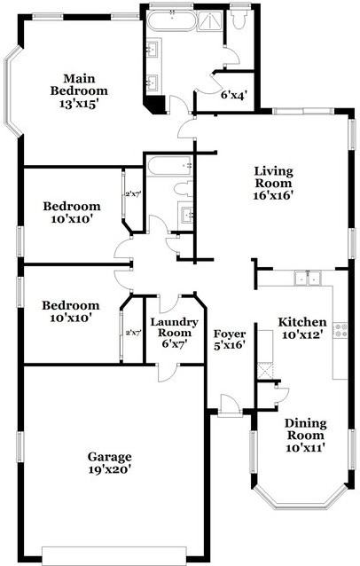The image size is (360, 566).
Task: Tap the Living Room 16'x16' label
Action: coord(273,183)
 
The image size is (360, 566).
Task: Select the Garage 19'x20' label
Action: coord(109,462)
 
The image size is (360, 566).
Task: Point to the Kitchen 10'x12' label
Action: coord(302,328)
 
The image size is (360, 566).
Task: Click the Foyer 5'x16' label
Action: coord(230,341)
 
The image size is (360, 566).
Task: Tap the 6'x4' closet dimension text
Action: coord(233,93)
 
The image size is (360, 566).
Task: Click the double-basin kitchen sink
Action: coord(308,278)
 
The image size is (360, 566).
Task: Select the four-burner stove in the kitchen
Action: coord(340,330)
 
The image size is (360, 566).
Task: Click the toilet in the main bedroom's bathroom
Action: coord(239,17)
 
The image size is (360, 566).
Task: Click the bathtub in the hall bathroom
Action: coord(168,165)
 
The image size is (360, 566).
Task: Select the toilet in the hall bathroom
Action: coord(182,187)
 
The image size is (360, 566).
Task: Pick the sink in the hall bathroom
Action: coord(187,212)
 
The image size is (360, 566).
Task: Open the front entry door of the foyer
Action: coord(230,405)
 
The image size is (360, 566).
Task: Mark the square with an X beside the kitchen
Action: coord(264,370)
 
